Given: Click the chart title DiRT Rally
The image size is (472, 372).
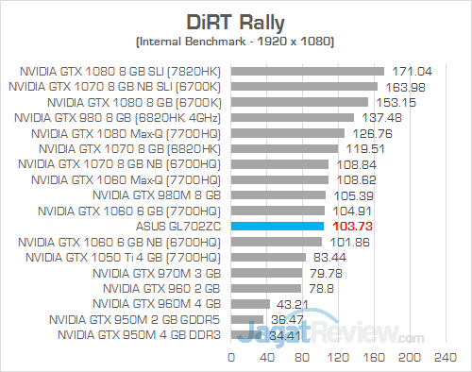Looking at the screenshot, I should coord(236,21).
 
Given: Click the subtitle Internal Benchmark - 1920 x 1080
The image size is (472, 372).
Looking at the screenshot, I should coord(236,42).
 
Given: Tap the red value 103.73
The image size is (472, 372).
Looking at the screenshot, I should coord(343,226).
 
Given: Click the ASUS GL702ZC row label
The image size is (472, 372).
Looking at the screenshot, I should coord(177,226).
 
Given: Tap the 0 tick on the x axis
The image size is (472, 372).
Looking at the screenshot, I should coord(231,357).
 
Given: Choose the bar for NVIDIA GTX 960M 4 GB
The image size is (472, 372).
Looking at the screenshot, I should coord(249,303).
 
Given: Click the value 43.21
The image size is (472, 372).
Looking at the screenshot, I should coord(292,303).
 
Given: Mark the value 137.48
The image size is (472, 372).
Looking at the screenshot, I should coord(379,117).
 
